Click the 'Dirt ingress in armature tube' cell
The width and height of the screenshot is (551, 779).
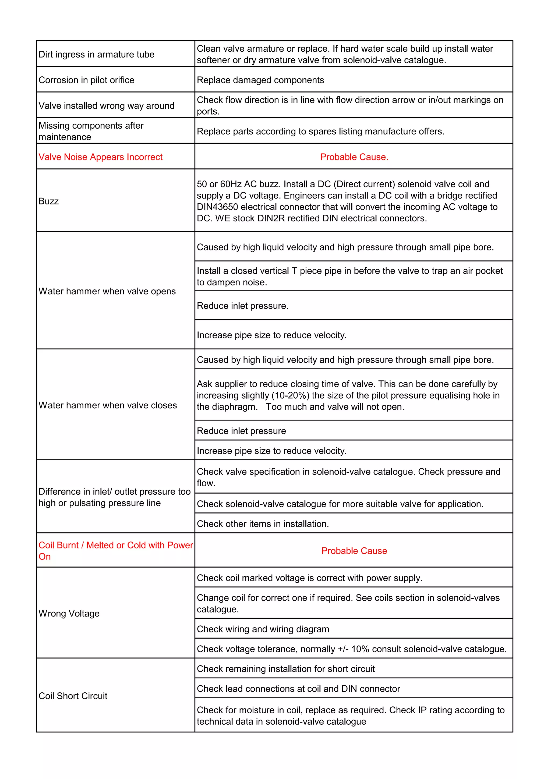pyautogui.click(x=96, y=54)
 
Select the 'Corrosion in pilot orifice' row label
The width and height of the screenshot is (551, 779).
pyautogui.click(x=87, y=80)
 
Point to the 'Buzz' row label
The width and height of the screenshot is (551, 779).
pyautogui.click(x=48, y=201)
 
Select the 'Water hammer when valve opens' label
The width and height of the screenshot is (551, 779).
pyautogui.click(x=107, y=291)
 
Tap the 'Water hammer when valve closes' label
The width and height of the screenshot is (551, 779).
pyautogui.click(x=108, y=405)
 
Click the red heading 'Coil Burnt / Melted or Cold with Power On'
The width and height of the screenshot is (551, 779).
pyautogui.click(x=115, y=551)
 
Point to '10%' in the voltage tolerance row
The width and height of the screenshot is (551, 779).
pyautogui.click(x=360, y=649)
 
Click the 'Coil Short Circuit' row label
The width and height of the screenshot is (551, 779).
pyautogui.click(x=73, y=696)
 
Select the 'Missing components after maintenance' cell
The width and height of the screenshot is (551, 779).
pyautogui.click(x=91, y=131)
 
